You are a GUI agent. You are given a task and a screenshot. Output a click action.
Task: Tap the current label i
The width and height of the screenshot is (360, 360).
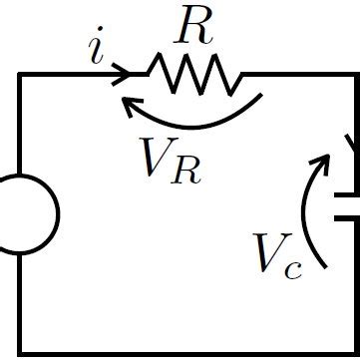[x=97, y=51]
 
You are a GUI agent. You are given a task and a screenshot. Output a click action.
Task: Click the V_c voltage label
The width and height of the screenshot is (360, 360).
[x=276, y=254]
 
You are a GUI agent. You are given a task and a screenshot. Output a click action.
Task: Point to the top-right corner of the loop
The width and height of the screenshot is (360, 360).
[x=354, y=74]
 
